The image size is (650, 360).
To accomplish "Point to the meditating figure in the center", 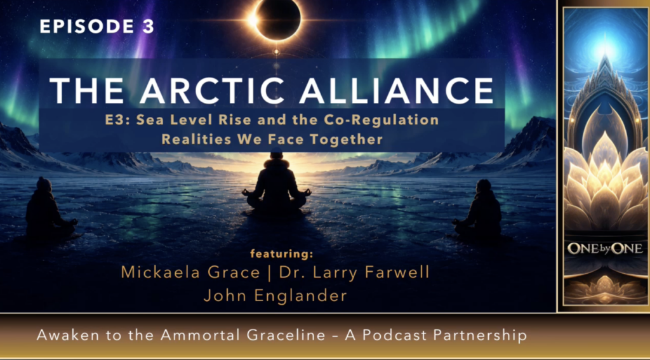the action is (x=277, y=185).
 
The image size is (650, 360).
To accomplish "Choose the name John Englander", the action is (x=275, y=296).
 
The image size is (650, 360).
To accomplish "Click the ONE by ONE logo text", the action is (x=605, y=248).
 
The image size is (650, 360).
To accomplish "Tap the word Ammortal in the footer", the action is (x=191, y=335).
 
